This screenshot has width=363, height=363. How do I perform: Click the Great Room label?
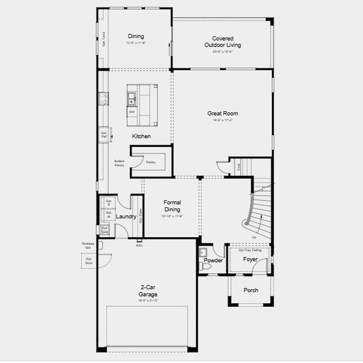point(223,113)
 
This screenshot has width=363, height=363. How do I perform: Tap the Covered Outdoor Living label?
point(223,42)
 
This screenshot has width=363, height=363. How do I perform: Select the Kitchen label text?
point(141,136)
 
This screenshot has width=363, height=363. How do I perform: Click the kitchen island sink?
point(131,96)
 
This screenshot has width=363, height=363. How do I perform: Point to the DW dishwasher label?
point(131,111)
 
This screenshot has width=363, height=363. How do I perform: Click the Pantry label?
point(150,162)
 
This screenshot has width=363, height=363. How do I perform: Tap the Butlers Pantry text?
point(119,163)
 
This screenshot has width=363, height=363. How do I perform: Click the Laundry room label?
point(126,216)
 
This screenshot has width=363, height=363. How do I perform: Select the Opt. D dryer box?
point(109,203)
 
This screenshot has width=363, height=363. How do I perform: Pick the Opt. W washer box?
point(109,215)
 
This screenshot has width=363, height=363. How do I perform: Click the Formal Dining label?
point(172,206)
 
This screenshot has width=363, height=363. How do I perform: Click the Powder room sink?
point(203,252)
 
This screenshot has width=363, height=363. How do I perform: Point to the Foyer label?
point(250,260)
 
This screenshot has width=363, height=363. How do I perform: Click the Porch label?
point(251,290)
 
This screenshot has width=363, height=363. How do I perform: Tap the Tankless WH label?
point(88,246)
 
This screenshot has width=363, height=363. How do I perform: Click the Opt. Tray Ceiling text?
point(249,249)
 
